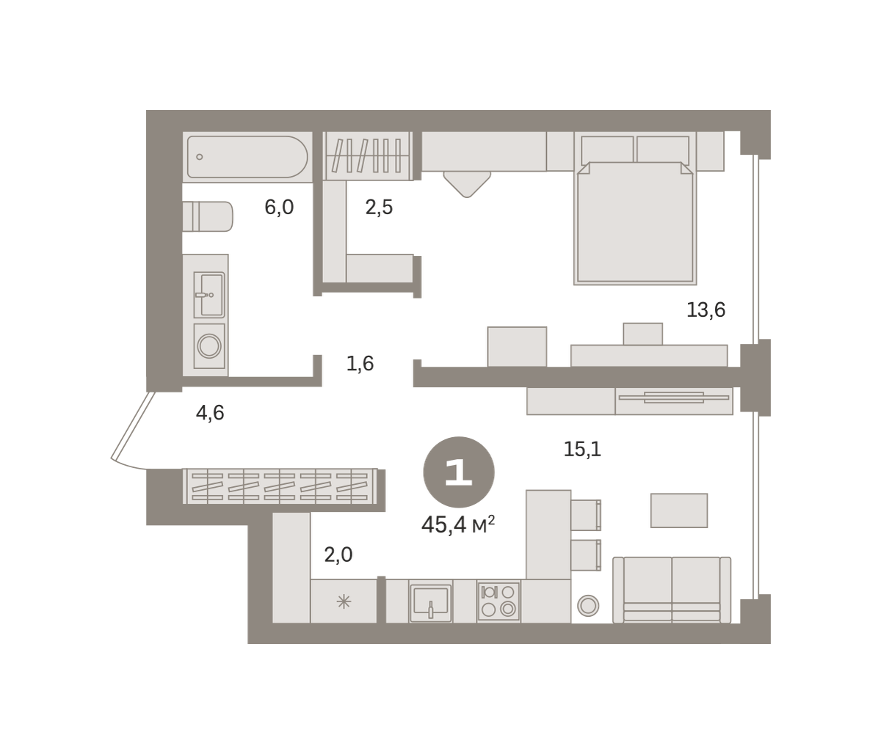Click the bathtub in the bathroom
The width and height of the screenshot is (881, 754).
coord(247,157)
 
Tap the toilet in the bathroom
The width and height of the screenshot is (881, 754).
coord(208,216)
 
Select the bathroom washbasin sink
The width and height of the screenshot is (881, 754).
coord(209,295)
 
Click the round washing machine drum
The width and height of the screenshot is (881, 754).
coord(209,345)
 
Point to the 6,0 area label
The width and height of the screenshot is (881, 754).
coord(279,208)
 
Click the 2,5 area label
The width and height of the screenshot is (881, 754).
coord(379,208)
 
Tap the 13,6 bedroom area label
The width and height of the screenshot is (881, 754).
coord(706,310)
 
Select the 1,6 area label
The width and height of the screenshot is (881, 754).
coord(360,364)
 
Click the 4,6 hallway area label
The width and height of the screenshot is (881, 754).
coord(210,412)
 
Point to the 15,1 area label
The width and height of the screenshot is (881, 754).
coord(582,449)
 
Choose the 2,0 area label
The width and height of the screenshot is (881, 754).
coord(338,554)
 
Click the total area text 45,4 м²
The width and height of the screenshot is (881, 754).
coord(458,524)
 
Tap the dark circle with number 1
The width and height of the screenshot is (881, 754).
coord(459,472)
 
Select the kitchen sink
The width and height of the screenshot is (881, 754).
coord(430,602)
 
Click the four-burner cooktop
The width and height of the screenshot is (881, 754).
coord(498,601)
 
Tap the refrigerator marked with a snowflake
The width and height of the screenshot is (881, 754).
coord(344,601)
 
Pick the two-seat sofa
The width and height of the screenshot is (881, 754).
coord(672,590)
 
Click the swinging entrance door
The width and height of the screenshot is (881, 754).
coord(133,430)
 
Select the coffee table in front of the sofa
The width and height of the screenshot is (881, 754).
coord(679,510)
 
